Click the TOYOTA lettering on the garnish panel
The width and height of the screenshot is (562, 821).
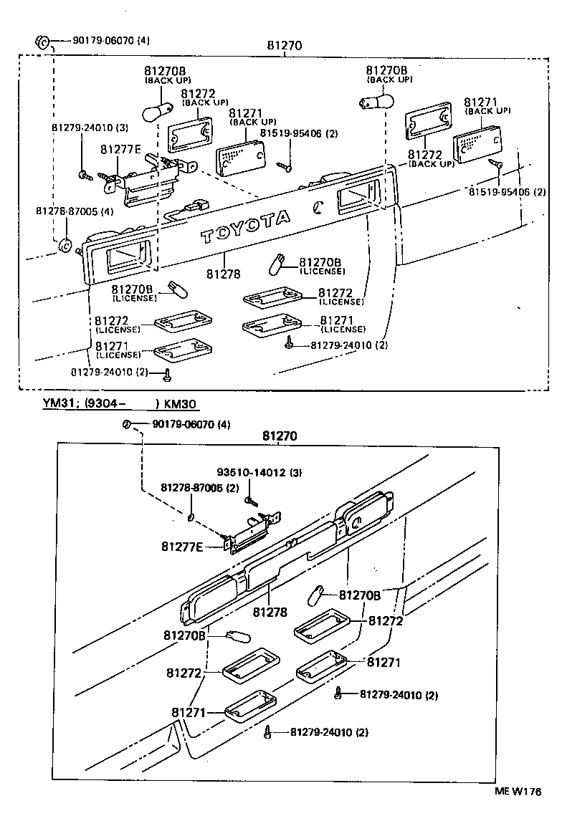click(x=245, y=226)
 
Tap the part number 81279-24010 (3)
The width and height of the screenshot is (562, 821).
click(x=90, y=128)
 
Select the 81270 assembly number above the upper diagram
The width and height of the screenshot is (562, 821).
click(x=283, y=46)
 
